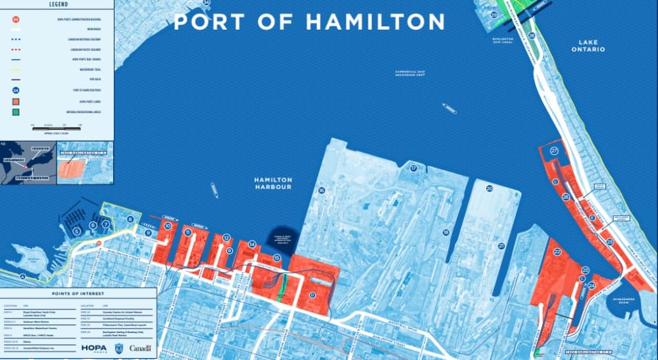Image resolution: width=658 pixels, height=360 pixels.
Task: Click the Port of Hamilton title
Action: pos(309,22)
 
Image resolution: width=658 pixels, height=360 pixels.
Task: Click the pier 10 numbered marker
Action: pos(168,226)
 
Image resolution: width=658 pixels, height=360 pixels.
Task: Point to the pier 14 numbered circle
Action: pos(251,244)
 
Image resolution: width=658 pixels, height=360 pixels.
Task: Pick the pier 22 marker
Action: pos(557,251)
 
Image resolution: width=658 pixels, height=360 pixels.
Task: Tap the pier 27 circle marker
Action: pos(554,151)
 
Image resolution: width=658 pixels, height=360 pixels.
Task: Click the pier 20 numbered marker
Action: pos(490,189)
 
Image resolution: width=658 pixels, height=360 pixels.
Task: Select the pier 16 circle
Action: pos(322,191)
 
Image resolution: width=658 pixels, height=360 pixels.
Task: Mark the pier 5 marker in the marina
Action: pos(76,231)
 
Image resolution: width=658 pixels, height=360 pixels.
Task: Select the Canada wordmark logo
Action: pos(140,347)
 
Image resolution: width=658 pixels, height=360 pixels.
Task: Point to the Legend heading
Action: pos(58,4)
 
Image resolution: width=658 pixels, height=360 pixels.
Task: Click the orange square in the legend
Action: pos(15,102)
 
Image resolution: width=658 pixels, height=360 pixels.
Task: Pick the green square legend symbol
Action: pos(15,113)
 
